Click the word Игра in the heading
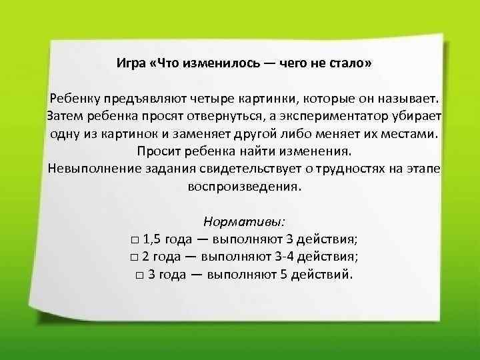131,64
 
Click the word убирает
415,116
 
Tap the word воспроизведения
245,185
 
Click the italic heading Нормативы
245,221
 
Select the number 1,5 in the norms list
151,239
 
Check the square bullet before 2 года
135,257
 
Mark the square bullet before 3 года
139,275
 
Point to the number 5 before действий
292,274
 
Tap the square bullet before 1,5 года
135,240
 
